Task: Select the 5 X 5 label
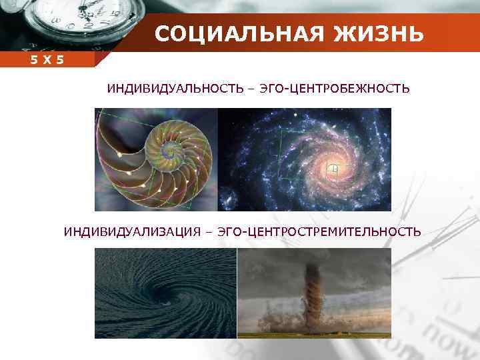click(x=47, y=60)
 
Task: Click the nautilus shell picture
click(x=156, y=159)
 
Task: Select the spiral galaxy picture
click(x=305, y=159)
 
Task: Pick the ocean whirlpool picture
click(x=165, y=293)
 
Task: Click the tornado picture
click(x=314, y=293)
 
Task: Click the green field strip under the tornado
click(x=314, y=334)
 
